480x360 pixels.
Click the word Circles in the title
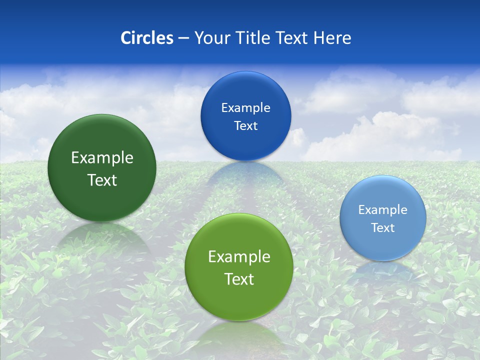coord(147,38)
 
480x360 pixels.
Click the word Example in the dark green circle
coord(102,158)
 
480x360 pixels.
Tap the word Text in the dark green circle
coord(102,180)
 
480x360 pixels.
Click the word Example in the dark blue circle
coord(245,108)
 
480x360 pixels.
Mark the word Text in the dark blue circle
coord(245,126)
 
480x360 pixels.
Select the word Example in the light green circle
coord(239,257)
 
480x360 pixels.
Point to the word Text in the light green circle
coord(239,279)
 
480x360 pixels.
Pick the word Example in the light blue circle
coord(383,210)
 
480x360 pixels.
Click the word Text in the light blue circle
coord(383,228)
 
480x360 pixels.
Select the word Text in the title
coord(292,38)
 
